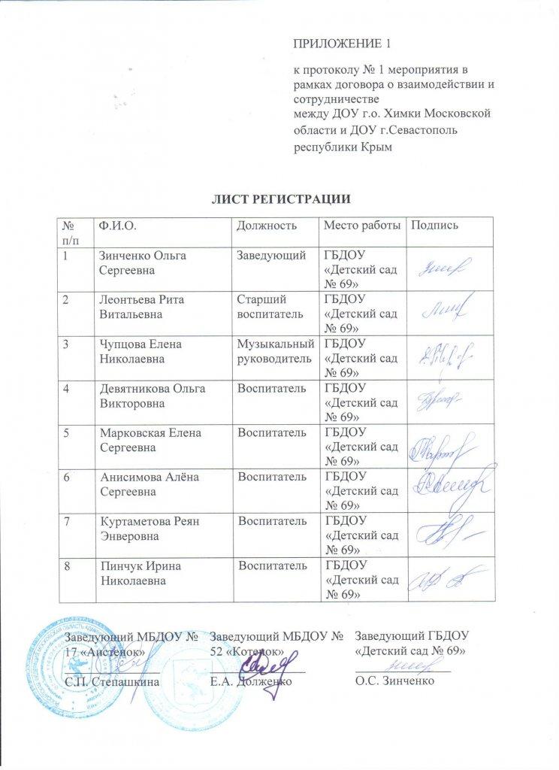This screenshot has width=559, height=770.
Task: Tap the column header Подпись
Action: [x=434, y=226]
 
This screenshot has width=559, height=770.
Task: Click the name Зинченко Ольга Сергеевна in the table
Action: [x=139, y=262]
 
